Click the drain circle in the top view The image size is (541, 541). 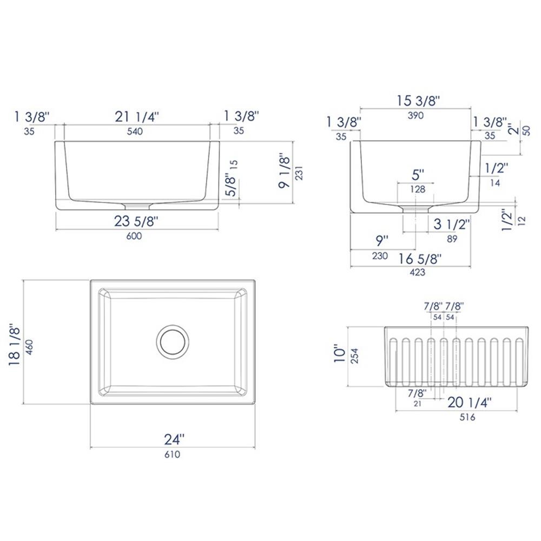point(173,325)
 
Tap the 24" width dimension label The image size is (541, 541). point(174,439)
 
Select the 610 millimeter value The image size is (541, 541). point(172,454)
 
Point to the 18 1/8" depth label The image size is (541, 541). point(15,345)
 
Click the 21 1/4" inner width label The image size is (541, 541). point(137,117)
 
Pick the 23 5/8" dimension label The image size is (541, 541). point(136,221)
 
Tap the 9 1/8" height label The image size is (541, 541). point(285,171)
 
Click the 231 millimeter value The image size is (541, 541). point(299,173)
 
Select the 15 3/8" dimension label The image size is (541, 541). point(418,101)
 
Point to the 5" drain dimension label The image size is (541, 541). point(418,175)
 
